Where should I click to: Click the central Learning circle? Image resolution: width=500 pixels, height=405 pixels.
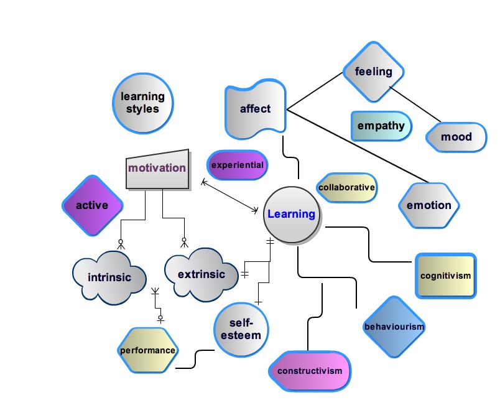[x=291, y=215]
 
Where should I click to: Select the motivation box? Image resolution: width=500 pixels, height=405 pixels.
[x=157, y=168]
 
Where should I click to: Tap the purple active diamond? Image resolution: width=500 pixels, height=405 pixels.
[x=92, y=205]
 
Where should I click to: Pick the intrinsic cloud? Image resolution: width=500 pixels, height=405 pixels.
[x=109, y=277]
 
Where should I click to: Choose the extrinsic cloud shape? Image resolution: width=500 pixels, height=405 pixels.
[x=201, y=274]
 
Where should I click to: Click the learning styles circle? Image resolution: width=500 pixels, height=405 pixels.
[x=142, y=103]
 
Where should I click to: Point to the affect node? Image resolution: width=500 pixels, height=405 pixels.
[x=256, y=109]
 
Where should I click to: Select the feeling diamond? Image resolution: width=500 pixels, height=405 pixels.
[x=374, y=72]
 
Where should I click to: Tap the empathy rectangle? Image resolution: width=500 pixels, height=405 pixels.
[x=381, y=126]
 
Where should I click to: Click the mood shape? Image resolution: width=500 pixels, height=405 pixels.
[x=456, y=137]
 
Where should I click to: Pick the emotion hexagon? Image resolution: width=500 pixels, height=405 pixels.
[x=429, y=205]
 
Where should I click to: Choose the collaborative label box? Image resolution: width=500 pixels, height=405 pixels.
[x=346, y=187]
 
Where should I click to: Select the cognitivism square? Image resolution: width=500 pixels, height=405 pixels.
[x=445, y=276]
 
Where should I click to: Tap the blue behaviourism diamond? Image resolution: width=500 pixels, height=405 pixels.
[x=394, y=327]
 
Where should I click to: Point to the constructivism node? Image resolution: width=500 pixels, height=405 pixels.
[x=310, y=371]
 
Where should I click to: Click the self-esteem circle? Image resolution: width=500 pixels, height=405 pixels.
[x=241, y=329]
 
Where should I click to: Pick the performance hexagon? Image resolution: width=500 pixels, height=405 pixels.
[x=148, y=350]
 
